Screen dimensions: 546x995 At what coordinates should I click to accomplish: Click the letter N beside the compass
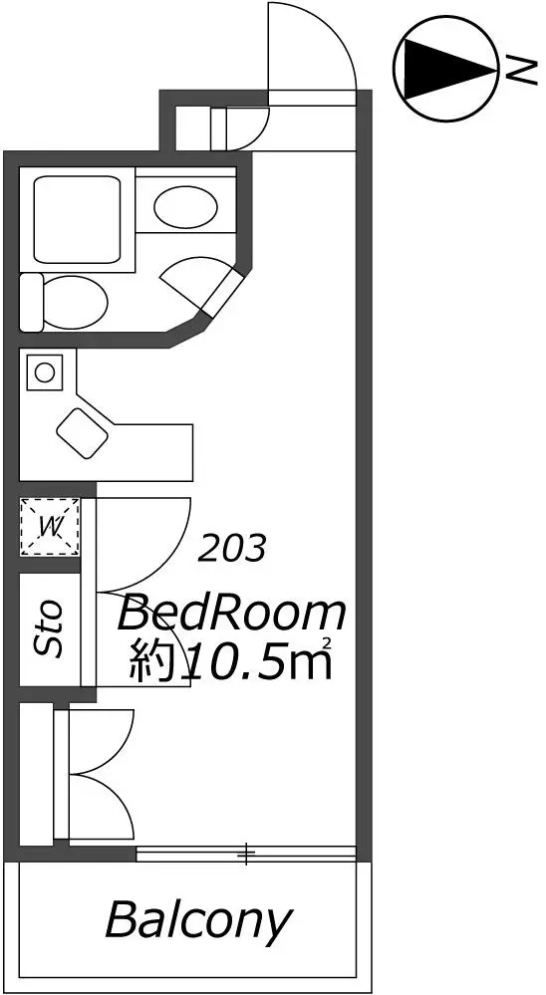[520, 68]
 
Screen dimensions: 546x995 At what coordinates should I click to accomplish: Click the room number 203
[231, 548]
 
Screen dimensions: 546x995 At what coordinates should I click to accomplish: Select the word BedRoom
[232, 614]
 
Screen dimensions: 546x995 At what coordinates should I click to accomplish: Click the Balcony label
[198, 920]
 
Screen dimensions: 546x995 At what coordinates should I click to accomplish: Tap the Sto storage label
[49, 628]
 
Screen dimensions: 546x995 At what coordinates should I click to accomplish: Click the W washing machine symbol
[50, 526]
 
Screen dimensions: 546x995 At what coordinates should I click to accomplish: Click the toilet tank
[31, 302]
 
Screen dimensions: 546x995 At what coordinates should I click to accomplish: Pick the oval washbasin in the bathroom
[186, 205]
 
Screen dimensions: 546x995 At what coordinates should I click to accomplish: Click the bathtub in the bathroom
[77, 221]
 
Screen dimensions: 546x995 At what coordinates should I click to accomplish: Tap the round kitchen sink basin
[45, 372]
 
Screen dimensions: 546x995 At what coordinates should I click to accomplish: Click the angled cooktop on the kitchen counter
[83, 433]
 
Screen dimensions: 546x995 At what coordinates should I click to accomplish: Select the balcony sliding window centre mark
[246, 855]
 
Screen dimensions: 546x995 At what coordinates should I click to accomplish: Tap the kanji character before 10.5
[151, 661]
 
